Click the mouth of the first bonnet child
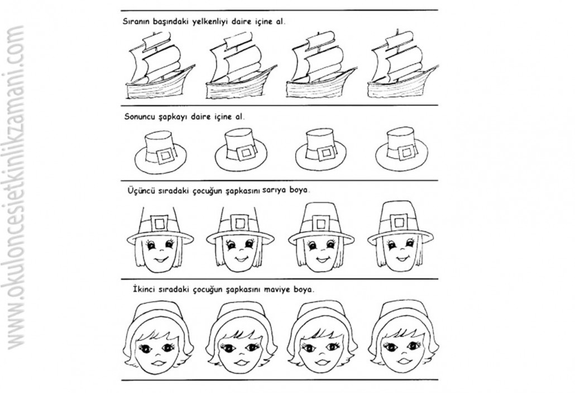159,363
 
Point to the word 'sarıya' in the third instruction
273,190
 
